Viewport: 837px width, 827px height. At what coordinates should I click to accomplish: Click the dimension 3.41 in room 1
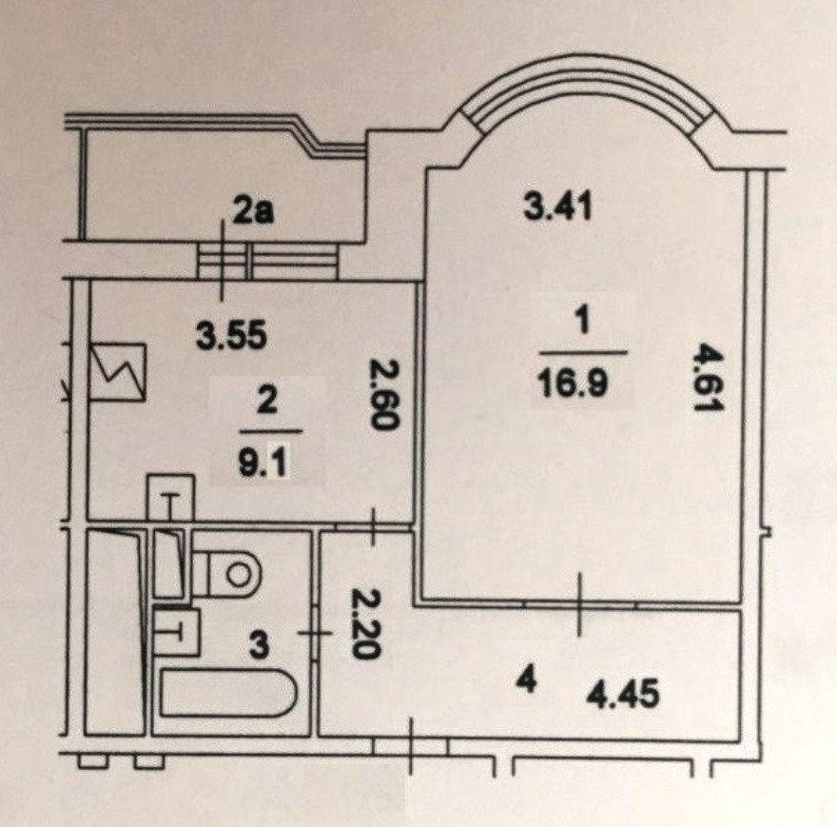click(x=558, y=206)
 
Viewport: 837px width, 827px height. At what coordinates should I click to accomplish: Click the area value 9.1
click(x=266, y=465)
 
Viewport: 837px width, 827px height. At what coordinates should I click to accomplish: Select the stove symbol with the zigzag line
click(x=118, y=373)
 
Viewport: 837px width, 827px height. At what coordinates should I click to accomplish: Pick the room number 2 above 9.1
click(x=265, y=401)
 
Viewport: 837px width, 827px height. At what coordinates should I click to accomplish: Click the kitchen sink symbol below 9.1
click(x=170, y=498)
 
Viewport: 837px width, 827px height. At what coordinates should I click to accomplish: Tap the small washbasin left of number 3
click(x=176, y=630)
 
